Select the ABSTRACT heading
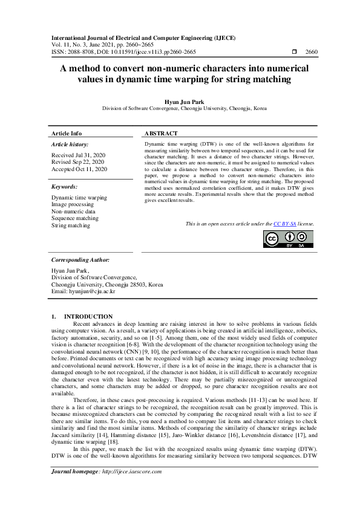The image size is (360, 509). tap(161, 134)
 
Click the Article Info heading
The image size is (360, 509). tap(67, 134)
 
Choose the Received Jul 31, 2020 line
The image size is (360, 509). tap(79, 155)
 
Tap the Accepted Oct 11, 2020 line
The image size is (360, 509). tap(79, 169)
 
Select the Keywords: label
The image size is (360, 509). tap(65, 187)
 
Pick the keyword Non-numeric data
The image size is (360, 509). tap(73, 212)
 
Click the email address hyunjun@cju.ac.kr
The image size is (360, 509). tap(83, 291)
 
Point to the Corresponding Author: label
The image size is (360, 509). tap(80, 259)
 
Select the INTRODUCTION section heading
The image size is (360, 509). tap(88, 317)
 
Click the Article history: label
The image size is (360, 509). tap(70, 144)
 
